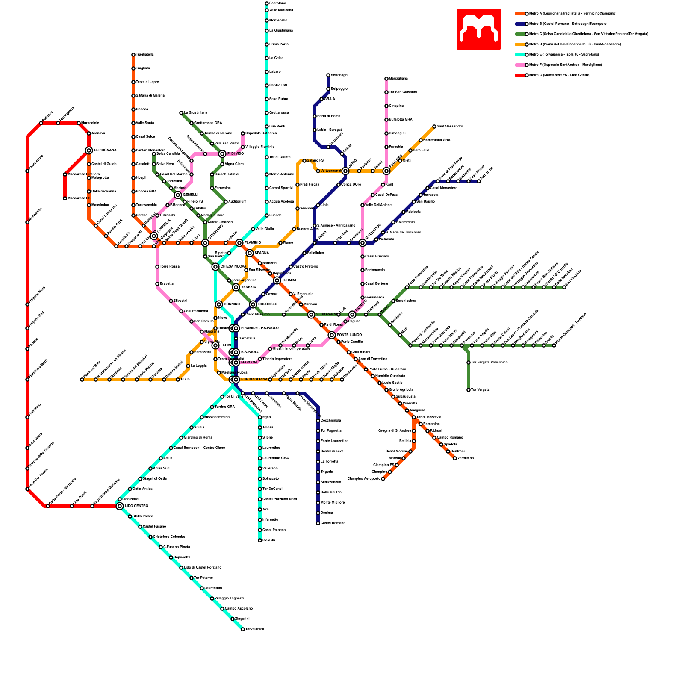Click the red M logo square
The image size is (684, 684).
click(x=478, y=29)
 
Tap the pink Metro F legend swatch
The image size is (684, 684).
click(x=520, y=65)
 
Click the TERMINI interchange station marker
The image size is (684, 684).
click(x=277, y=280)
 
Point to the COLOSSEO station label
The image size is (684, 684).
click(x=268, y=304)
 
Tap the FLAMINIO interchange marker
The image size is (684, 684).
click(x=239, y=243)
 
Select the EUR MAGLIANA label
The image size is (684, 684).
click(x=254, y=380)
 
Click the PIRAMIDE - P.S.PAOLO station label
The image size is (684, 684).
click(x=259, y=328)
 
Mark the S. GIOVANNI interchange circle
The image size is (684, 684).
click(x=311, y=315)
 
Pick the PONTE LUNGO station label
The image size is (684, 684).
click(x=349, y=335)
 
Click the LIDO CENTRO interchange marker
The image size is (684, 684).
click(x=120, y=506)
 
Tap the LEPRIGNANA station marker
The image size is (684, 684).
click(x=89, y=150)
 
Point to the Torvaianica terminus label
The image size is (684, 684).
click(x=255, y=629)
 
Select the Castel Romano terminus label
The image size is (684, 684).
click(x=333, y=523)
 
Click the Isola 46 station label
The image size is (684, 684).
click(x=269, y=540)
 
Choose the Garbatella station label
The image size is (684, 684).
click(x=247, y=339)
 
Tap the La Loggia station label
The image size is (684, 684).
click(x=199, y=366)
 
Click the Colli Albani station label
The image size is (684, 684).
click(x=361, y=352)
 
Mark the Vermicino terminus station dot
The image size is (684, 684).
click(x=455, y=458)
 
